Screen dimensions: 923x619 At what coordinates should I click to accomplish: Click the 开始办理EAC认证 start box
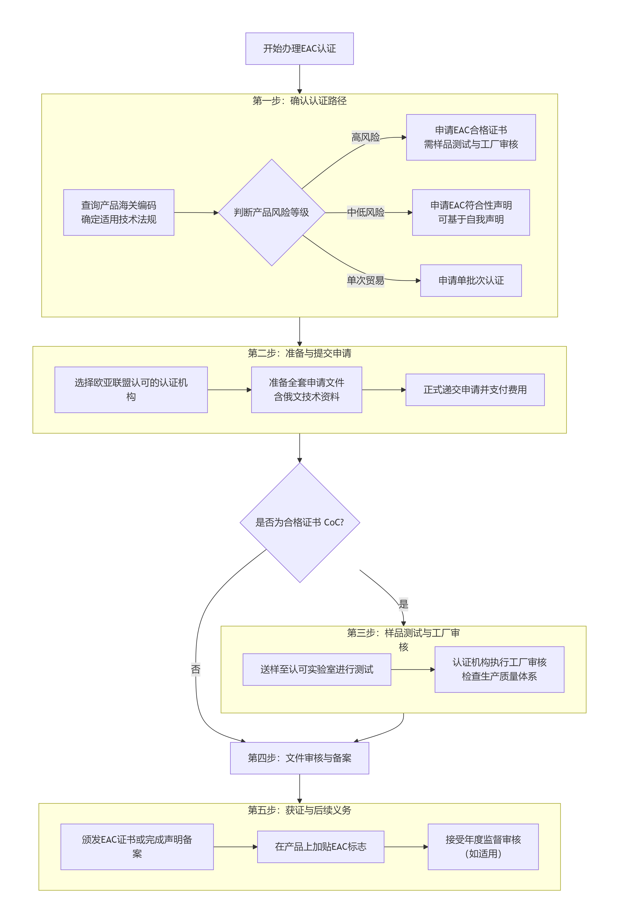click(x=299, y=49)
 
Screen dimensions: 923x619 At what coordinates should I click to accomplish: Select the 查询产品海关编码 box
click(x=118, y=212)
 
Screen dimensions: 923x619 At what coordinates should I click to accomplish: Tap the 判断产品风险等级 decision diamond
click(x=272, y=212)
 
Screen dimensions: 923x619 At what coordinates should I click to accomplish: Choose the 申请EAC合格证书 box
click(x=471, y=137)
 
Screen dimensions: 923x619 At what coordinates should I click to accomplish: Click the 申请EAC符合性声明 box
click(x=471, y=212)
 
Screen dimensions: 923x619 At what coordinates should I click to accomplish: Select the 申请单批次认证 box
click(x=471, y=280)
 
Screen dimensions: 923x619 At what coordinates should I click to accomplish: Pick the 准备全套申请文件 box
click(x=306, y=390)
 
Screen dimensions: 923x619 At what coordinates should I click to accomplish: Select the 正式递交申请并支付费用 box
click(x=475, y=390)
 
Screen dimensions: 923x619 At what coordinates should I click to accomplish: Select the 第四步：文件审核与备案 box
click(x=299, y=758)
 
